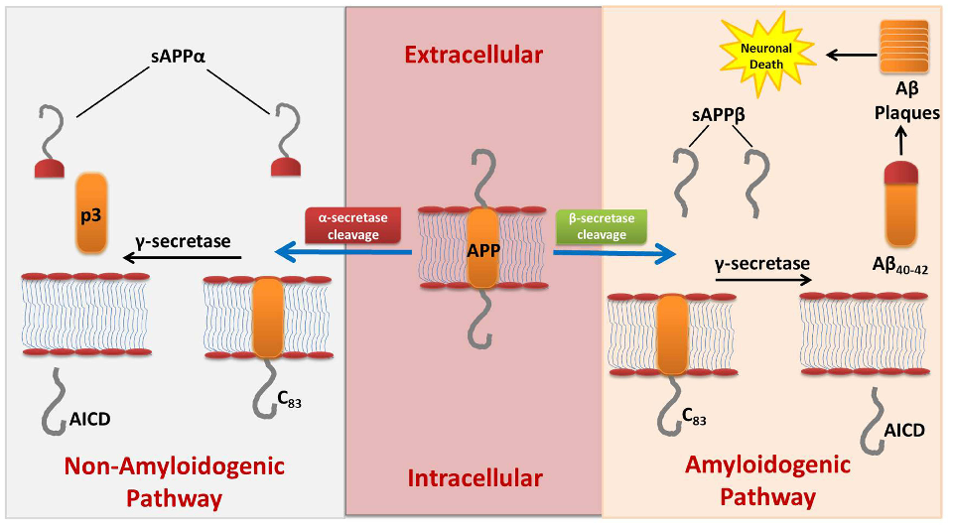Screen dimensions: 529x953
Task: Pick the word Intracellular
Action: tap(476, 478)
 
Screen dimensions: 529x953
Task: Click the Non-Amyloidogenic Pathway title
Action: tap(174, 480)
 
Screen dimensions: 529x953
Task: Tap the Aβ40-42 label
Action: tap(899, 270)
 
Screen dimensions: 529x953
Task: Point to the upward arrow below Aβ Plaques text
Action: tap(901, 144)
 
